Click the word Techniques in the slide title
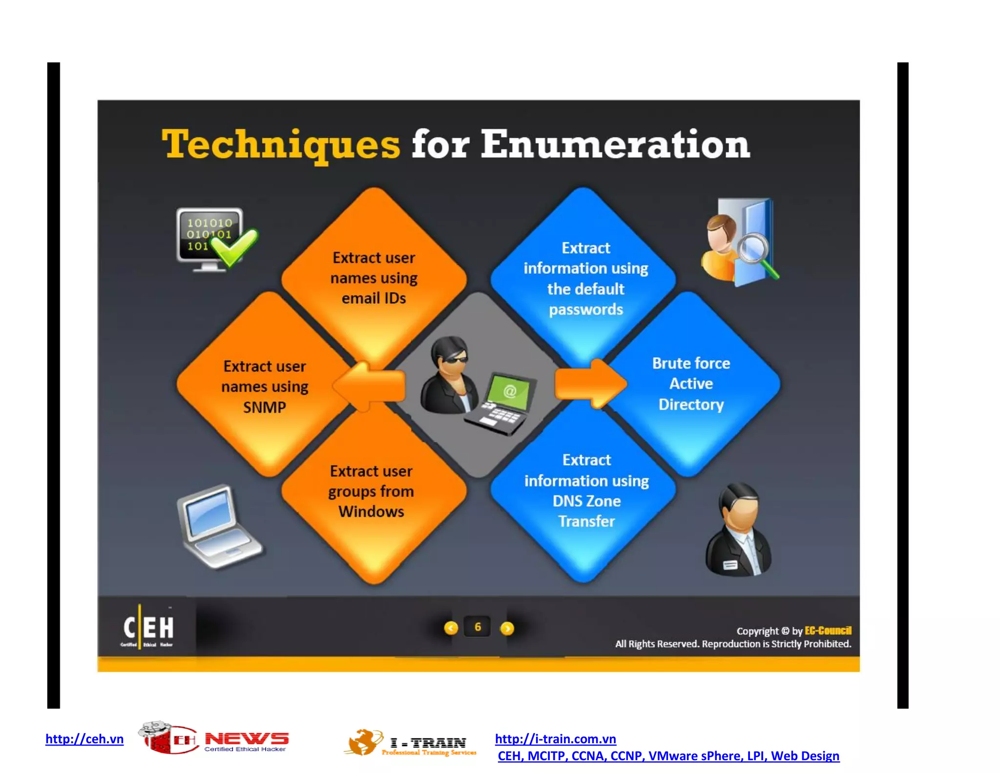281,145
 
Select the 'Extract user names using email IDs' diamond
374,278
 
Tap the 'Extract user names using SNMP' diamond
265,386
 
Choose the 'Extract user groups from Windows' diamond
372,492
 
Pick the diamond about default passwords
585,278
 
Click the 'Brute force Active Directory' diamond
691,384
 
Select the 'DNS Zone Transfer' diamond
586,491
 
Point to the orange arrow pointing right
591,384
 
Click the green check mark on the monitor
234,247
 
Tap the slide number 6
478,627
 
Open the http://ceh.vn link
84,739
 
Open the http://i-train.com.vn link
555,739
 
